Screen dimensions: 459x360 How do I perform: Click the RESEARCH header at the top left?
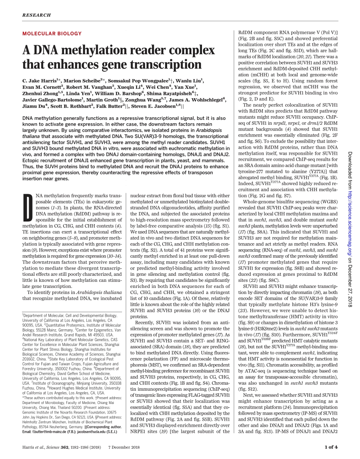[x=36, y=15]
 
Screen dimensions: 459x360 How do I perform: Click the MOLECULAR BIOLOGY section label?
[x=52, y=33]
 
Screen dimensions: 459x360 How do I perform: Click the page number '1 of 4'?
[x=330, y=447]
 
